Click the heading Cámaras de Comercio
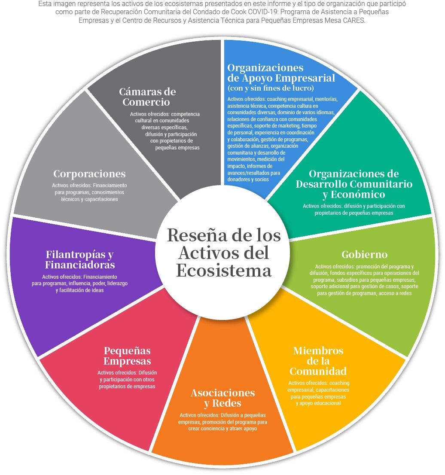[x=147, y=97]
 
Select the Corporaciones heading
[x=89, y=174]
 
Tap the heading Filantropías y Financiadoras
[x=79, y=259]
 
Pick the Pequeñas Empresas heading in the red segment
[x=127, y=356]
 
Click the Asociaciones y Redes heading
[x=222, y=398]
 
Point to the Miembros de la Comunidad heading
[x=318, y=361]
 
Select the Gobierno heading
[x=364, y=254]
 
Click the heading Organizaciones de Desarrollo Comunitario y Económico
[x=354, y=184]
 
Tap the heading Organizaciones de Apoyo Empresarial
[x=281, y=73]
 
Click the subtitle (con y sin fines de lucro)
[x=271, y=88]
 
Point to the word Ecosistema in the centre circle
[x=224, y=271]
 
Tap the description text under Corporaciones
[x=89, y=192]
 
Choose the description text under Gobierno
[x=364, y=280]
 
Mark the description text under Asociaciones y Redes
[x=222, y=422]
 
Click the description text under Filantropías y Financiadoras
[x=79, y=283]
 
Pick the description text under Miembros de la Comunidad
[x=318, y=393]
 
